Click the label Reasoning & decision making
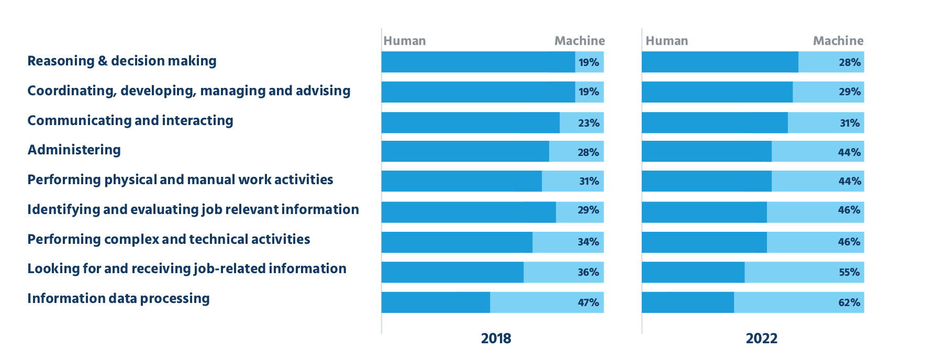point(122,61)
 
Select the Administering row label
point(74,150)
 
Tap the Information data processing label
point(119,299)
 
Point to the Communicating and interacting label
point(130,121)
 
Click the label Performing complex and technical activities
point(169,240)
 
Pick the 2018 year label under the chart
point(496,339)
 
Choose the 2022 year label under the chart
point(762,339)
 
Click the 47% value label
point(588,302)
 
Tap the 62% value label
point(849,302)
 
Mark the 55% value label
point(849,272)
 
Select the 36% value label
point(588,272)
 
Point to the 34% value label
point(588,242)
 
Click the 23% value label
point(588,123)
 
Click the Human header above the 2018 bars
point(405,41)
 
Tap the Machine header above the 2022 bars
point(838,41)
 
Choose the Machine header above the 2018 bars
point(580,41)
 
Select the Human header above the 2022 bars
point(667,41)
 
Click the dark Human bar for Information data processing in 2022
point(688,302)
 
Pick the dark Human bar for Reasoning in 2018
point(478,62)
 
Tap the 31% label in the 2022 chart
point(850,123)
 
